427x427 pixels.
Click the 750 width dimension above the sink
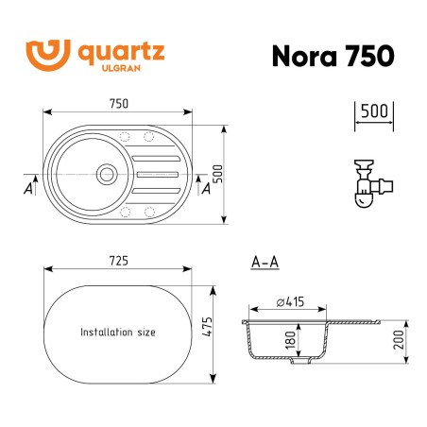click(x=118, y=104)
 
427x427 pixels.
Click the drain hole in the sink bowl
click(x=106, y=174)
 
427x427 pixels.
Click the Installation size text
click(x=118, y=333)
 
